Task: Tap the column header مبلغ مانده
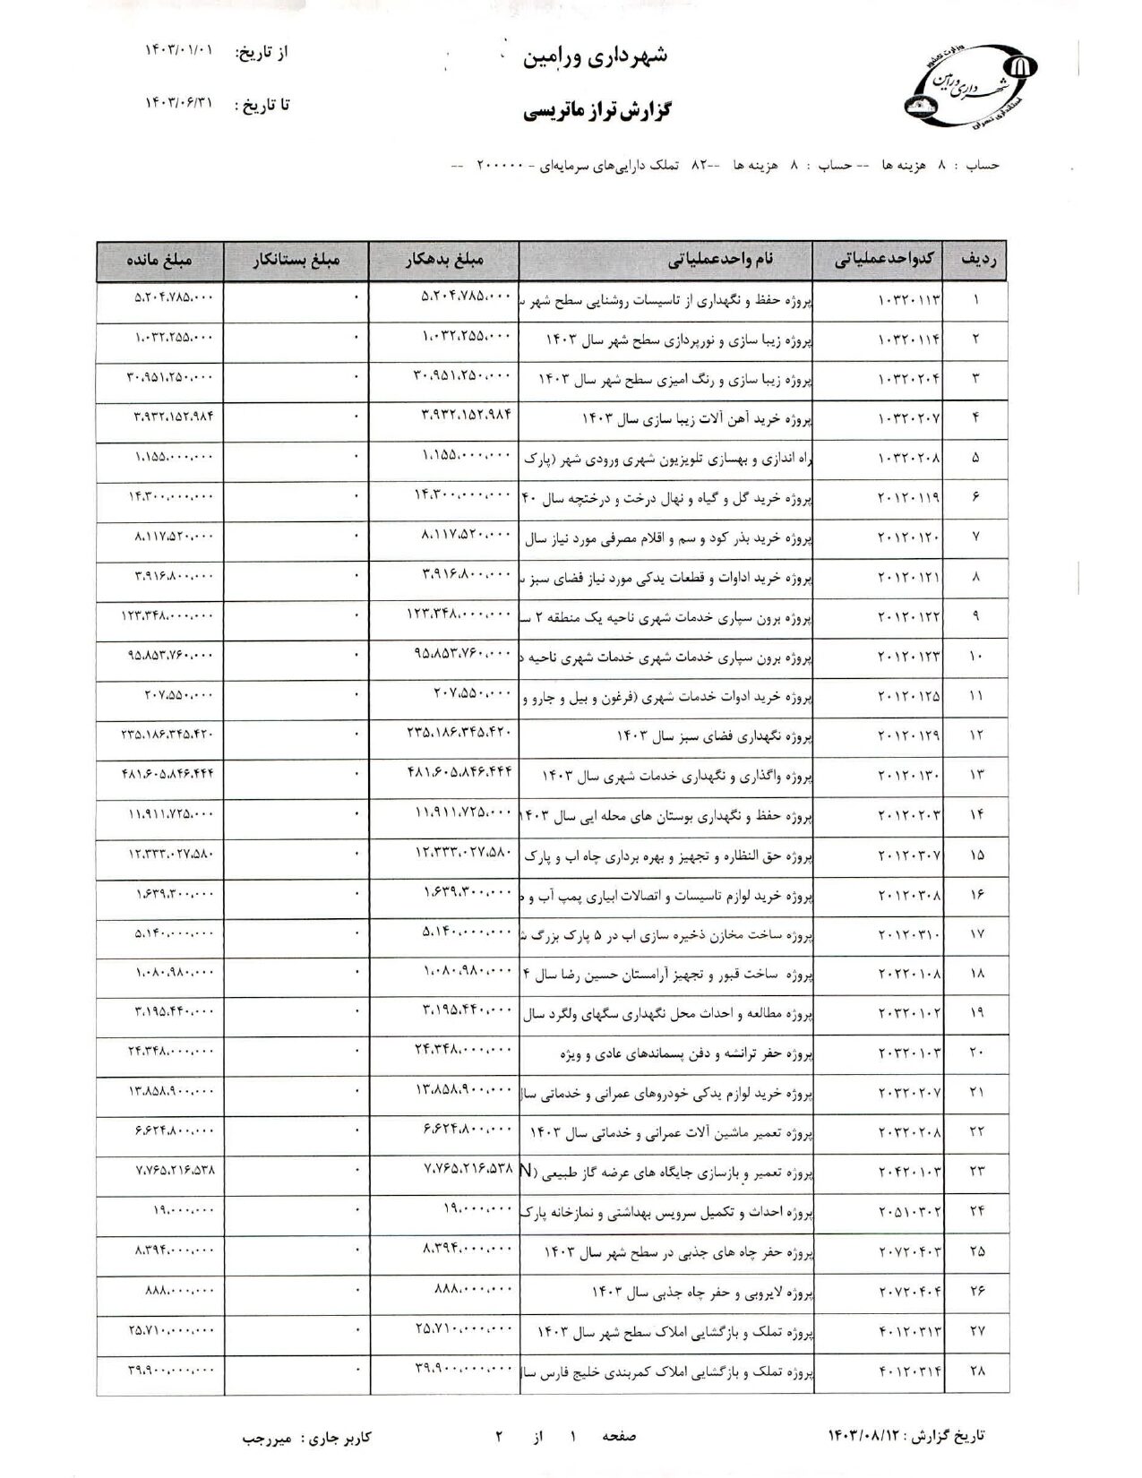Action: click(x=159, y=261)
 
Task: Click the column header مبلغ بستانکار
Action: click(x=295, y=261)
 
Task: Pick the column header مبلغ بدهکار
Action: click(x=442, y=261)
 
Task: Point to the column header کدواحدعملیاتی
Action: click(x=885, y=261)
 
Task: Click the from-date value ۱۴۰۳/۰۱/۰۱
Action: click(x=180, y=52)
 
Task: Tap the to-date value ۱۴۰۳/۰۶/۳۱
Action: click(x=180, y=105)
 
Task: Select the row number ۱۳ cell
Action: click(x=976, y=775)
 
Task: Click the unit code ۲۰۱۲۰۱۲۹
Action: click(x=908, y=735)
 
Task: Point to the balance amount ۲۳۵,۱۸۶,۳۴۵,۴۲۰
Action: click(x=167, y=735)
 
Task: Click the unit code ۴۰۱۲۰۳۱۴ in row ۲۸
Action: click(x=908, y=1371)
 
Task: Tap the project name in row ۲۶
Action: click(x=701, y=1292)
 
